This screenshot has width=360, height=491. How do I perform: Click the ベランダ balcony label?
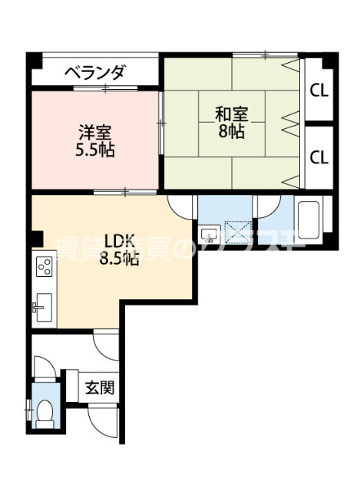tap(94, 74)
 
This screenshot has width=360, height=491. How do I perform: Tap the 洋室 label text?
tap(95, 131)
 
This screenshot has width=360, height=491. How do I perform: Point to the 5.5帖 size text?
tap(95, 149)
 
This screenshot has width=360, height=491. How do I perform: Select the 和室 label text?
tap(230, 114)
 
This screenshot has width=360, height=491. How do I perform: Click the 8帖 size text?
tap(230, 131)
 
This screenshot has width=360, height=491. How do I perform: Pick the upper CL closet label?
tap(319, 90)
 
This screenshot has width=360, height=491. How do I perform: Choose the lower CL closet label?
tap(319, 157)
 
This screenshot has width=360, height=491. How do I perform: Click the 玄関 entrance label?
tap(100, 387)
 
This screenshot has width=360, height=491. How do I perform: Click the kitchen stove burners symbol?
tap(45, 268)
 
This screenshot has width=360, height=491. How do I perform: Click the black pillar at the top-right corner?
tap(329, 58)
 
